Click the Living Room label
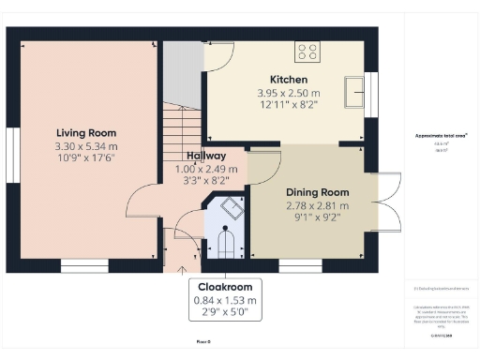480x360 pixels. pos(85,133)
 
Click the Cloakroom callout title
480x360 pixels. pos(224,287)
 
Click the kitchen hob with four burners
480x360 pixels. pos(307,52)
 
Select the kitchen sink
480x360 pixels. pos(355,91)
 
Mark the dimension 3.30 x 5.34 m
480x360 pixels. pos(85,147)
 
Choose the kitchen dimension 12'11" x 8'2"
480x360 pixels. pos(288,106)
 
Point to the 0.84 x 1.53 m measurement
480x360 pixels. pos(224,300)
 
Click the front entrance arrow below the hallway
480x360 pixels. pos(183,271)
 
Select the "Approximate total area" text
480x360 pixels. pos(441,135)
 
